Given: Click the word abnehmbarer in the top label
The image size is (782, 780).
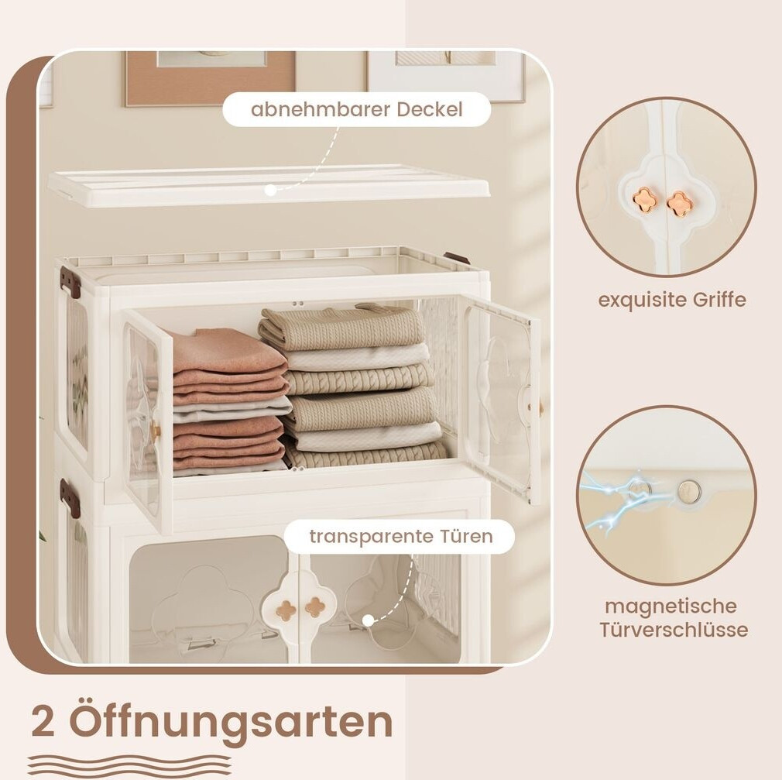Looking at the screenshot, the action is coord(321,109).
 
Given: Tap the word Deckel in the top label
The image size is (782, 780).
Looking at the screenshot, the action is coord(430,109).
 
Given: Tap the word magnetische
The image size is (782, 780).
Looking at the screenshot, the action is coord(671,606).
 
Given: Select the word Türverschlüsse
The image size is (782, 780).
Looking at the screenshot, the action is coord(674,629).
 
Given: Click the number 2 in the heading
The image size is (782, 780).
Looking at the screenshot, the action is coord(43,722).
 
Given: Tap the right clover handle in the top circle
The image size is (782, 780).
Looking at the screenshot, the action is coord(677,204).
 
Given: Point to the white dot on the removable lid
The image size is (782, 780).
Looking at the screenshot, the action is coord(270,190).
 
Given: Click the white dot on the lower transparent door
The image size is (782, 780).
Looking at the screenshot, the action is coord(368,620).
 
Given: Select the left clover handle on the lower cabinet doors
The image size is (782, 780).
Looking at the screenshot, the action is coord(286,610).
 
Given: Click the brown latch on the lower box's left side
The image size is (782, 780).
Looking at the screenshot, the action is coord(70,492).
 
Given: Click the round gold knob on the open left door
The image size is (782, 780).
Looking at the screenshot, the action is coord(156,428).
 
